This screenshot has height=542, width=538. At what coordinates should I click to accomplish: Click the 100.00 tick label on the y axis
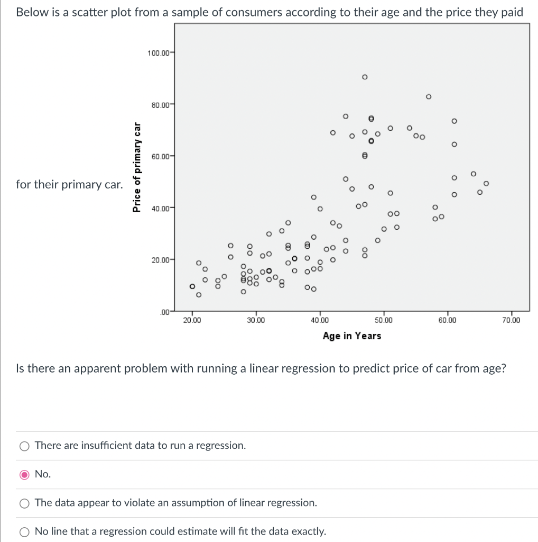pos(159,53)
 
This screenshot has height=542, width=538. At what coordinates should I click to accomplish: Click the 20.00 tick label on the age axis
pos(192,320)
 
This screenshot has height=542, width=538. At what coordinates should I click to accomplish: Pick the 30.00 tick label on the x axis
pos(256,320)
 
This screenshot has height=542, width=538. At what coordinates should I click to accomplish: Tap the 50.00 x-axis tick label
pos(384,320)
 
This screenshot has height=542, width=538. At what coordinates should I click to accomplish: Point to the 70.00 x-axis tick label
pos(511,320)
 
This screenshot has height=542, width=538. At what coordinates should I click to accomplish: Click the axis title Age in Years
pos(352,336)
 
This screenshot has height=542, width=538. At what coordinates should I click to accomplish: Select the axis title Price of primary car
pos(137,167)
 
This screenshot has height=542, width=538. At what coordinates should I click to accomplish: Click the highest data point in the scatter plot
pos(365,77)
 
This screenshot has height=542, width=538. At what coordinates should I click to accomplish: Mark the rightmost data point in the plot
pos(486,184)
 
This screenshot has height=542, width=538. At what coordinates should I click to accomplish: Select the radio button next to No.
pos(24,474)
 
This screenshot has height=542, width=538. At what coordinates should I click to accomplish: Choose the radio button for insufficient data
pos(24,446)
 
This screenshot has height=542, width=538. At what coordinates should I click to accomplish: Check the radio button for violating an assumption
pos(24,503)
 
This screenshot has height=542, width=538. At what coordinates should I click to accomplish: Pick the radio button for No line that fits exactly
pos(24,531)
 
